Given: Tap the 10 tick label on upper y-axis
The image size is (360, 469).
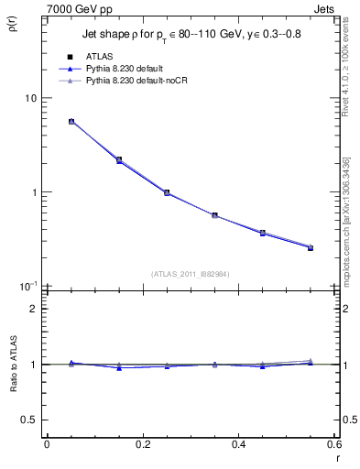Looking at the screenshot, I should pyautogui.click(x=29, y=99).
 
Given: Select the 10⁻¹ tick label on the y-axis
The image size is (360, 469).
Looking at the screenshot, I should pyautogui.click(x=27, y=286).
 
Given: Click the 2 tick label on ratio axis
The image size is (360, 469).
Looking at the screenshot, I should pyautogui.click(x=33, y=309).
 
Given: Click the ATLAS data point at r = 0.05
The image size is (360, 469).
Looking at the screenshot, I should pyautogui.click(x=71, y=121).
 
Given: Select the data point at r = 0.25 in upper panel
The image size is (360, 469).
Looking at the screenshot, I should pyautogui.click(x=167, y=192).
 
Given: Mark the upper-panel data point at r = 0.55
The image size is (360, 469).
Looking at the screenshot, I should pyautogui.click(x=311, y=247).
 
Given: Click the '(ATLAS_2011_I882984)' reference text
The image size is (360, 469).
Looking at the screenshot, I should pyautogui.click(x=190, y=273).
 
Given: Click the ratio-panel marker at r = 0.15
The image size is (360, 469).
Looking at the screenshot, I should pyautogui.click(x=119, y=367).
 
